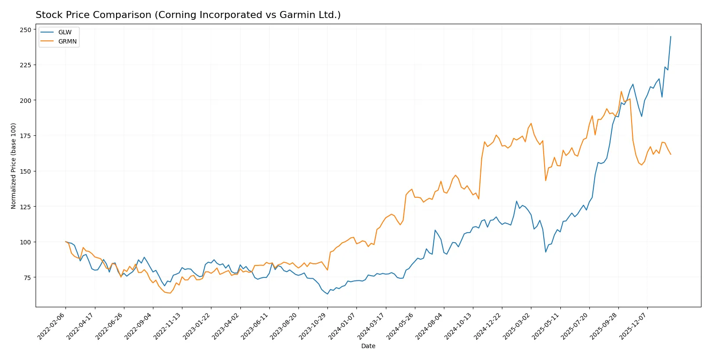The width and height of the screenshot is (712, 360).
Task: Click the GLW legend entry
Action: [65, 32]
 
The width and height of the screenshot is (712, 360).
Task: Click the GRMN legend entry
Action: [67, 41]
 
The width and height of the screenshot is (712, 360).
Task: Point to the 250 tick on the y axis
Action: [25, 30]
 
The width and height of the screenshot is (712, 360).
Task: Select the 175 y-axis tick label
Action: [25, 136]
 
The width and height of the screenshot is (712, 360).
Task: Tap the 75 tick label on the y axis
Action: [27, 277]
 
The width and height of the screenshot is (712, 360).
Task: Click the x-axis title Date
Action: [368, 346]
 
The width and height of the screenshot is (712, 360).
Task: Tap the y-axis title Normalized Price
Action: [13, 166]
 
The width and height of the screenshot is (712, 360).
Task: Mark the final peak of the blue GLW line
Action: [671, 36]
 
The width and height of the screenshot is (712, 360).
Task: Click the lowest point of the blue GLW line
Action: [327, 294]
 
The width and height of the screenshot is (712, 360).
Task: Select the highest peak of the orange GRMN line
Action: [621, 91]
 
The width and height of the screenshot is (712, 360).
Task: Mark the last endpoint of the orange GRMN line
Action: [671, 154]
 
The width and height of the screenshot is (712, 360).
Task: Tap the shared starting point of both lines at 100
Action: [65, 242]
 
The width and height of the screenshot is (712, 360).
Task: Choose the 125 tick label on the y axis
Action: [25, 207]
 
